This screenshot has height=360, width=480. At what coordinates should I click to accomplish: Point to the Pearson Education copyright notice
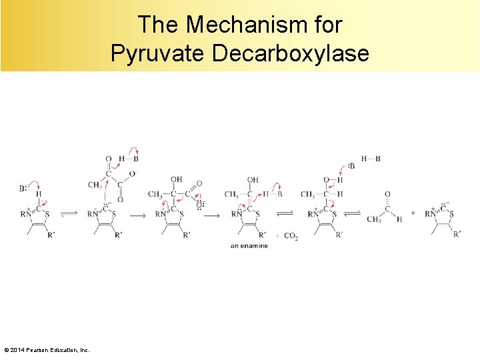47,350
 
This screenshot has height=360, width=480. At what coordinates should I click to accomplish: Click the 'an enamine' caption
249,246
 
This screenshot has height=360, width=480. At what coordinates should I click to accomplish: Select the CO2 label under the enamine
290,235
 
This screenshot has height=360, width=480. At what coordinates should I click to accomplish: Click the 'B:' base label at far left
23,189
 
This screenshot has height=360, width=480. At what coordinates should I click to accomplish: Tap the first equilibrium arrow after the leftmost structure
69,214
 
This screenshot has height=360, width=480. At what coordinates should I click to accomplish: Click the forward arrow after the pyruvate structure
137,215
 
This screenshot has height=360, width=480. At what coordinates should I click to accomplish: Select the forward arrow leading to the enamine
211,215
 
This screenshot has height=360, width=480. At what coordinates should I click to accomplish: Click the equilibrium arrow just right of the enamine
285,214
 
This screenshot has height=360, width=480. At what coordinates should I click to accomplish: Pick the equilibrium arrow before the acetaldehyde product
353,214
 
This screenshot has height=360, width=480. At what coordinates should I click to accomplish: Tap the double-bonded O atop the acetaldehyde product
387,194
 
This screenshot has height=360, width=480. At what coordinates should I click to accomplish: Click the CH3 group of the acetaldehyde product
373,219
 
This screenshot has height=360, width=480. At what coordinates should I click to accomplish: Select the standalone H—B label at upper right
371,159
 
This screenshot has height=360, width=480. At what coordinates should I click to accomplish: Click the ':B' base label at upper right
351,166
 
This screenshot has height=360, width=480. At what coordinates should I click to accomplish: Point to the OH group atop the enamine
253,180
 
